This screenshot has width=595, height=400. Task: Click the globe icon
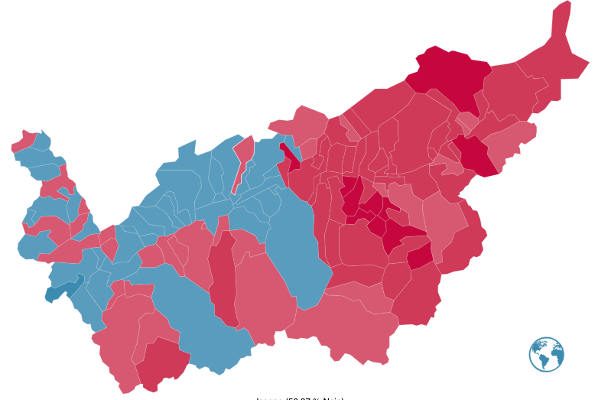tap(546, 354)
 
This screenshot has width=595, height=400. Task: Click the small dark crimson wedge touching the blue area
tap(290, 156)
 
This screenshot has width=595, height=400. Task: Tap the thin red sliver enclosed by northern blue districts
tap(243, 157)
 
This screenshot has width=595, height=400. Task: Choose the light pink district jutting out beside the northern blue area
tap(298, 122)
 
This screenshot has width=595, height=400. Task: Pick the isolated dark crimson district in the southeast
tap(420, 256)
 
